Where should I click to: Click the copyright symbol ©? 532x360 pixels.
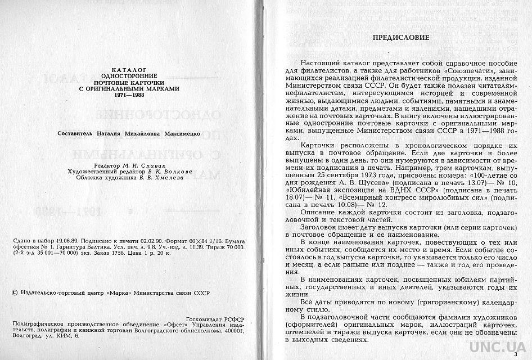15,293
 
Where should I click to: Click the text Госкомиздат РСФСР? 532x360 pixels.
215,318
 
